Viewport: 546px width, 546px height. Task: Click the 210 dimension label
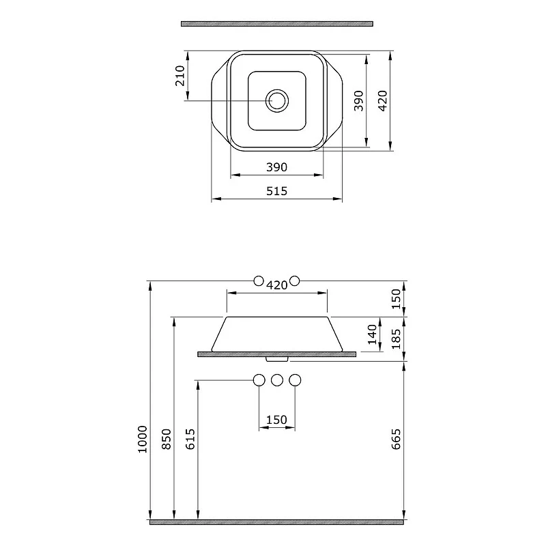point(180,76)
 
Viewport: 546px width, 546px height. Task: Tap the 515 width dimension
point(277,191)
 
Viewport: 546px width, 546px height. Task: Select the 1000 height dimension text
point(143,439)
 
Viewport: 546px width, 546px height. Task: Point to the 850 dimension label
point(167,439)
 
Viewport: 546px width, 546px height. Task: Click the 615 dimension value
point(190,439)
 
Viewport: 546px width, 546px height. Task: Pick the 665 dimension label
point(396,439)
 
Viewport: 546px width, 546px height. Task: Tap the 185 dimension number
point(396,339)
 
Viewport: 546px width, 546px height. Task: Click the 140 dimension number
point(372,334)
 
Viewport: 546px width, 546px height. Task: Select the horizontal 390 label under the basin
point(277,167)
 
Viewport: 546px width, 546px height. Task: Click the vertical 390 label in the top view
point(358,101)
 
